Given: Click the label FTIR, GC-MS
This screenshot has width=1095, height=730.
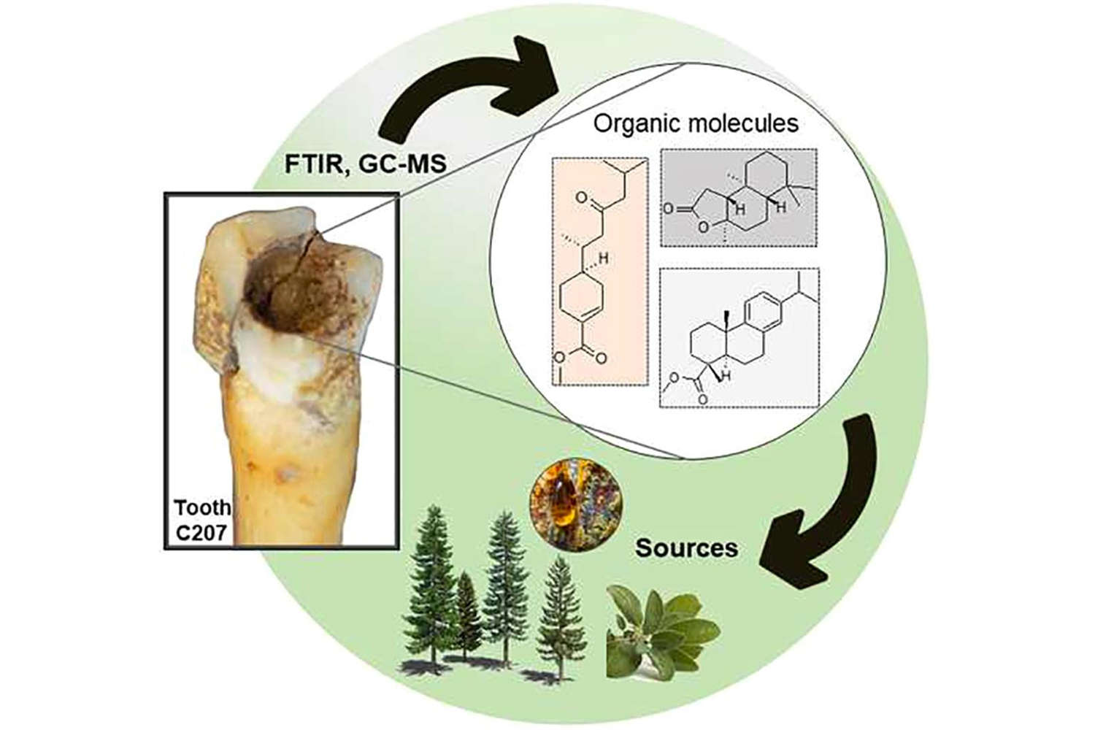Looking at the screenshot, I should (x=365, y=164).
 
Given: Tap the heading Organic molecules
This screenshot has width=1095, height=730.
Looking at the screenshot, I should (x=695, y=123).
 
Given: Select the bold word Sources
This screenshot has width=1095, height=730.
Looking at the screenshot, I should (x=686, y=547).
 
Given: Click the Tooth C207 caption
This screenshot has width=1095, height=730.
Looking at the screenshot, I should (x=202, y=520).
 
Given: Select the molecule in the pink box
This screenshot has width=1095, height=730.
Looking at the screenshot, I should (x=599, y=270).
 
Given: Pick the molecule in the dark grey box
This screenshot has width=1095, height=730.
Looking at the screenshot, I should (x=737, y=197).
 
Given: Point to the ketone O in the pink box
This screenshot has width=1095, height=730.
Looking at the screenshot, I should (x=581, y=198).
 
